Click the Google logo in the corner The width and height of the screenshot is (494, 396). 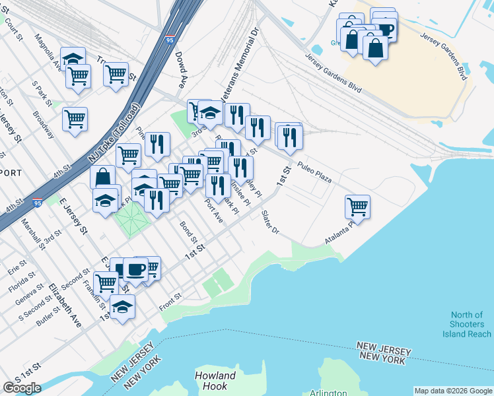(x=22, y=388)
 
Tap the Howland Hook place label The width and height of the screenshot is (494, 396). (x=215, y=381)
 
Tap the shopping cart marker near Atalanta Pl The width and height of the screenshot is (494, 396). (x=357, y=207)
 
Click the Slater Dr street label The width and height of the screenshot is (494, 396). (x=271, y=223)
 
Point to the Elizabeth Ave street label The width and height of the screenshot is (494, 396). (x=65, y=306)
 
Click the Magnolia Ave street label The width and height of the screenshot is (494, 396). (x=49, y=53)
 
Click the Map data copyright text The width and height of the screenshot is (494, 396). (x=453, y=391)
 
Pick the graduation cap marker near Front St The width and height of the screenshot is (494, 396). (x=122, y=307)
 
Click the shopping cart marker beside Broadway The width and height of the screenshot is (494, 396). (x=75, y=120)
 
